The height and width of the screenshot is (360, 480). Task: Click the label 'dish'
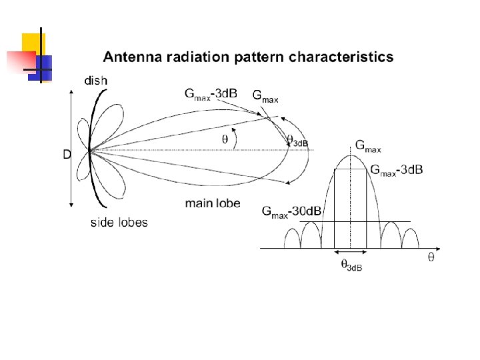95,81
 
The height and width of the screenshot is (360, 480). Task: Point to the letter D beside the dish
67,154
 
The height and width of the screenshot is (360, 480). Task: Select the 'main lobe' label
213,203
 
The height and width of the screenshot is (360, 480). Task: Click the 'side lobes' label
119,223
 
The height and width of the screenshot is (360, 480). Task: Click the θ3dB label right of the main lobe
297,141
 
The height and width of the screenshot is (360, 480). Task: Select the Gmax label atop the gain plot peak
369,145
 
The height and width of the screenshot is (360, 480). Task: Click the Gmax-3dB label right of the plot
396,170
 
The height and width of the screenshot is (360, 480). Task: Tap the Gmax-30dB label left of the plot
291,212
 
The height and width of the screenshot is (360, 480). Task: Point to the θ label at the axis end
431,257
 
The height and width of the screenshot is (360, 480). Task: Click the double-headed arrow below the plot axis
350,252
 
